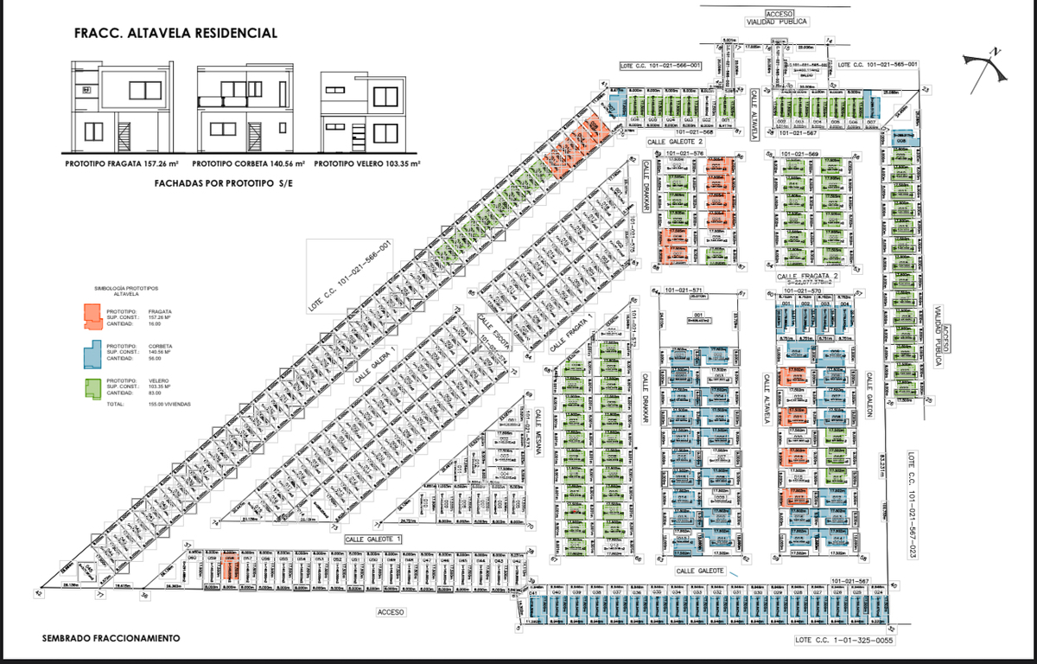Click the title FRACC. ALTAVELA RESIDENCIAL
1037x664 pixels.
177,34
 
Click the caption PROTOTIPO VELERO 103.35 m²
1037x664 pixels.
367,163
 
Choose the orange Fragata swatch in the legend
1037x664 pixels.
90,317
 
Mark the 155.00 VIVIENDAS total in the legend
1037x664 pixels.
169,404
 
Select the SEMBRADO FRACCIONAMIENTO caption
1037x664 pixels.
111,638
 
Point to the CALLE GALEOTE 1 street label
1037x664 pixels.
373,539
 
